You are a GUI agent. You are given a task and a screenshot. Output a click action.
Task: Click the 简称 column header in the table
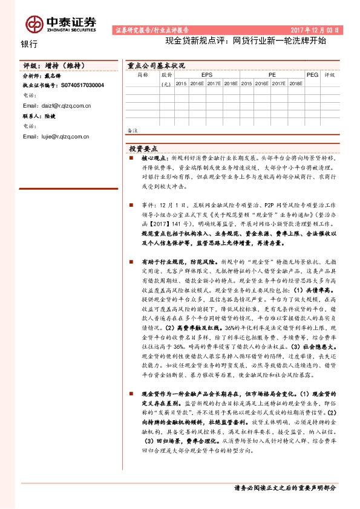[143, 75]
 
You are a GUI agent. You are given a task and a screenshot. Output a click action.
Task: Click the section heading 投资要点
[143, 148]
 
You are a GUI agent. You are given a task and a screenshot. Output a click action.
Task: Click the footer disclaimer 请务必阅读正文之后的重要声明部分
[284, 487]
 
